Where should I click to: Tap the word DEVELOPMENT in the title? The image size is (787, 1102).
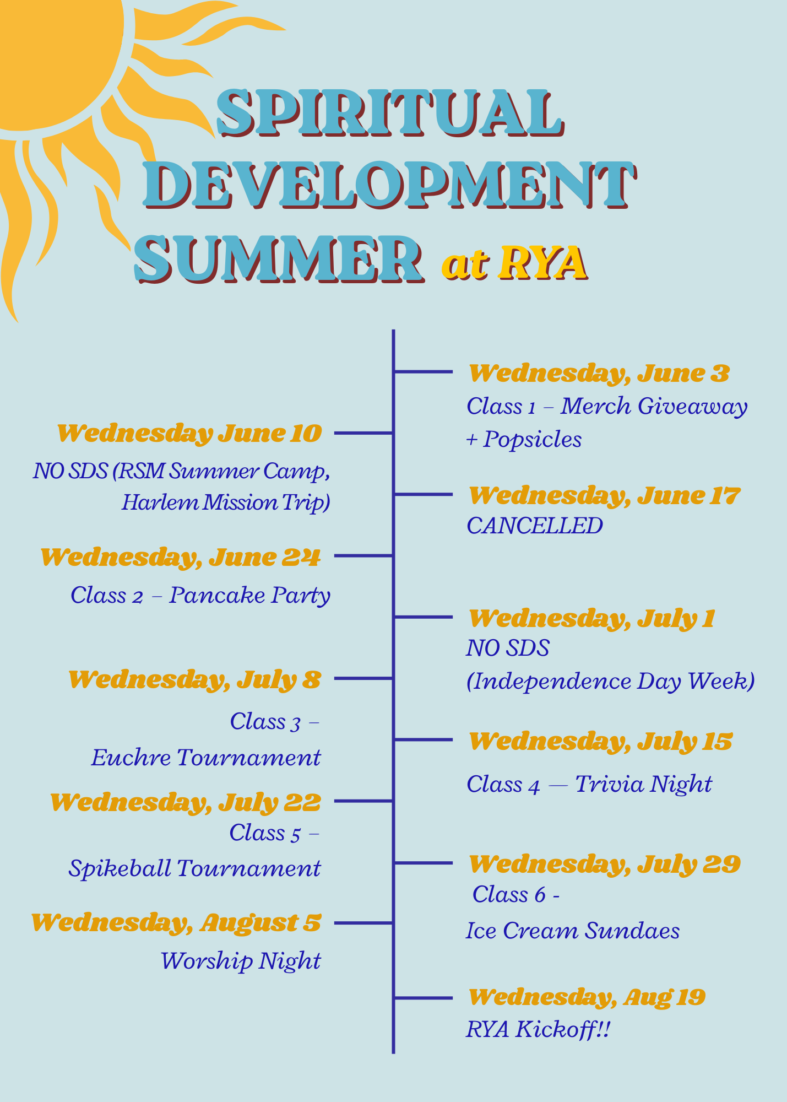[390, 185]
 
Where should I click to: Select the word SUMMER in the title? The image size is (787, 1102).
[279, 258]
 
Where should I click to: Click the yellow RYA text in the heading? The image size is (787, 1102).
[543, 262]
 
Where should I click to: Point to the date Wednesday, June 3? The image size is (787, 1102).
[599, 374]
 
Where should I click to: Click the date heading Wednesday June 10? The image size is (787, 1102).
[189, 434]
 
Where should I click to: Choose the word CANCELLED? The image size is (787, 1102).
[534, 526]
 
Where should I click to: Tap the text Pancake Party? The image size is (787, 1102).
[249, 595]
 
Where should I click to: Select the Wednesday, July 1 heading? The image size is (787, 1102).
[591, 619]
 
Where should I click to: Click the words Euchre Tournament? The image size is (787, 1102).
[206, 758]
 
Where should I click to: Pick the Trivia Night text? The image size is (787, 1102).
[644, 784]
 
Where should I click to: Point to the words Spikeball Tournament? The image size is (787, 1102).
[194, 868]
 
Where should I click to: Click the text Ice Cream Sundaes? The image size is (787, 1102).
[573, 931]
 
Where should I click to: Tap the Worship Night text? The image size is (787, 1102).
[241, 961]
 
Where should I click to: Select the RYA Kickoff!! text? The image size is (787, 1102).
[538, 1029]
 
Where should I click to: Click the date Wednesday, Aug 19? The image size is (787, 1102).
[587, 997]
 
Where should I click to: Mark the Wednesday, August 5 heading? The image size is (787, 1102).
[176, 923]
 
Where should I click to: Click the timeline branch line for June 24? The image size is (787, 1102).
[363, 556]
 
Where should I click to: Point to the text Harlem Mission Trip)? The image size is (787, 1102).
[226, 503]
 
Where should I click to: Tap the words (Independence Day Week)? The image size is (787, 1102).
[610, 681]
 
